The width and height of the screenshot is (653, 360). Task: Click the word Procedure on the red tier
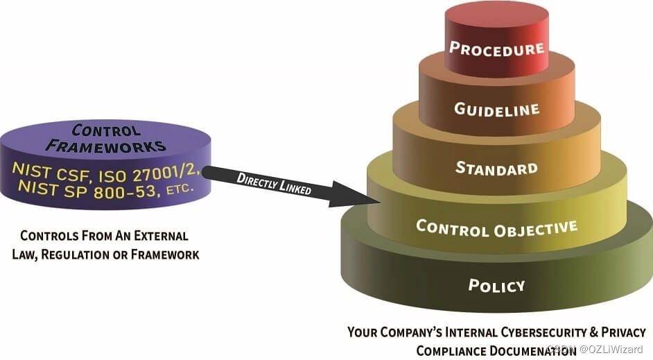[496, 49]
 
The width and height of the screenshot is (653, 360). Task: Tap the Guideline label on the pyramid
[496, 109]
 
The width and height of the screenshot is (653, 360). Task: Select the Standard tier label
[496, 168]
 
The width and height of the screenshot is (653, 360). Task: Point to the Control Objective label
[496, 227]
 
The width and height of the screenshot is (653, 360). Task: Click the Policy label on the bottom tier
[496, 285]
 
